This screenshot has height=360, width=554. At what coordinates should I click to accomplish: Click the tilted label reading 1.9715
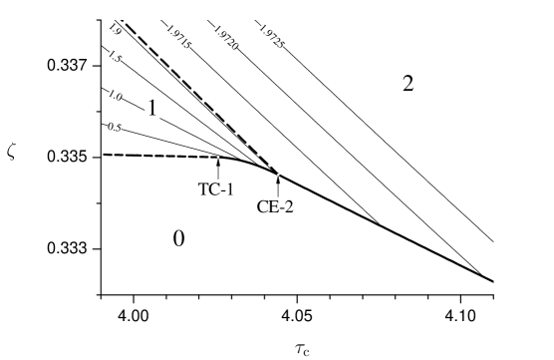[x=179, y=37]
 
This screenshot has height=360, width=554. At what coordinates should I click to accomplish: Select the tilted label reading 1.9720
[x=226, y=37]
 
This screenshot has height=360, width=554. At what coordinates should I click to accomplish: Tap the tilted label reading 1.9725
[x=272, y=36]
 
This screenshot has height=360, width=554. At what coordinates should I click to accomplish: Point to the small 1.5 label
[x=116, y=56]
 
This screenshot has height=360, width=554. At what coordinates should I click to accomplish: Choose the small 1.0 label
[x=116, y=95]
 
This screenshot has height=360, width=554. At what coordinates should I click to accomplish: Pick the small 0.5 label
[x=115, y=127]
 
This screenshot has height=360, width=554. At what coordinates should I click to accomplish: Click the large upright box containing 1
[x=151, y=108]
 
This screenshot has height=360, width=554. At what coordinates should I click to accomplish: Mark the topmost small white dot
[x=218, y=157]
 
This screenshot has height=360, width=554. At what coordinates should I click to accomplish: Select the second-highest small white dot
[x=278, y=175]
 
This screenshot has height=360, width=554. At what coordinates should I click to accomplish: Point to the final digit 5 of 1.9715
[x=189, y=46]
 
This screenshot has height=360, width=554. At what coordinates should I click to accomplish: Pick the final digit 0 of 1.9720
[x=236, y=46]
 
